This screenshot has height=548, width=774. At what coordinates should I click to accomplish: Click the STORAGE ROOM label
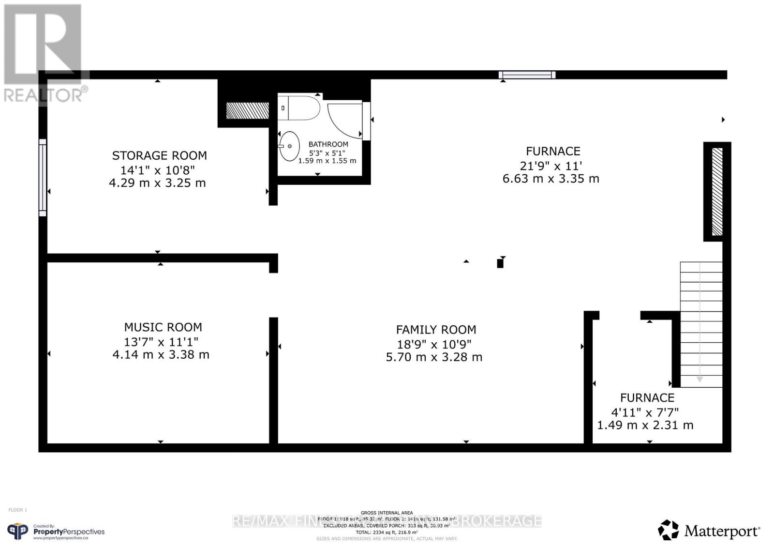159,155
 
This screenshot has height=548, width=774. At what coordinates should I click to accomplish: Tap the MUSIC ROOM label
163,327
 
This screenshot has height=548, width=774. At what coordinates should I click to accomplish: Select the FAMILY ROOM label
436,330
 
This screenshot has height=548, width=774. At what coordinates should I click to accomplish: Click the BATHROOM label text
328,144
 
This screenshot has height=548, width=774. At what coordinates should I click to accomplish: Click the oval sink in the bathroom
289,146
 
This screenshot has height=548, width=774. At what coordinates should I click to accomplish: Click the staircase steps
701,324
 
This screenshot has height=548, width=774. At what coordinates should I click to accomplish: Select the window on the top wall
527,75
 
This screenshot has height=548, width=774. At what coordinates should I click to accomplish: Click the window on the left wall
43,178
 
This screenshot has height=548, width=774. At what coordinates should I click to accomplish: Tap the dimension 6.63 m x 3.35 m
551,179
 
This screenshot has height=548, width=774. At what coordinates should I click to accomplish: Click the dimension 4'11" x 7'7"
645,412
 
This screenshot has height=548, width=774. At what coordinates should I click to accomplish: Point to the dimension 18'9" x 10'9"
434,344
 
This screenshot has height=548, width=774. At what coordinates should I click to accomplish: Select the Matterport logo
709,531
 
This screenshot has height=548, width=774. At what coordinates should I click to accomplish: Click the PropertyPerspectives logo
56,532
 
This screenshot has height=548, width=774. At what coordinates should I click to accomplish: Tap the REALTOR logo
44,53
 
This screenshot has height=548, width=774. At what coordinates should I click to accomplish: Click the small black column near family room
500,263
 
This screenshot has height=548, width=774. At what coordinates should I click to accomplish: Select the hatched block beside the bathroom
247,110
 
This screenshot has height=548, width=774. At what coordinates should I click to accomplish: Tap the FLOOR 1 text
18,510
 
